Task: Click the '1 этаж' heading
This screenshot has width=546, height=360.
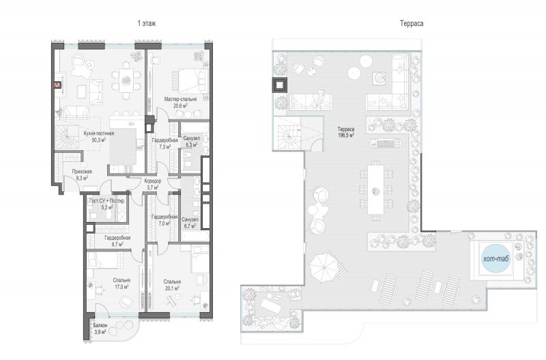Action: tap(147, 23)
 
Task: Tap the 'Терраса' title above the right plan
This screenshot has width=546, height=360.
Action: tap(412, 23)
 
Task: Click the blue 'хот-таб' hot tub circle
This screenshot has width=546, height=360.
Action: tap(496, 258)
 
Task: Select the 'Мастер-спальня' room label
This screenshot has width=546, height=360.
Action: tap(180, 99)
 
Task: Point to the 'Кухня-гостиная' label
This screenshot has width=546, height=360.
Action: tap(99, 133)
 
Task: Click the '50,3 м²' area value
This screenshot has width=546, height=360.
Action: tap(99, 140)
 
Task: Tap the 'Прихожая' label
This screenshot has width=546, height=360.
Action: tap(82, 171)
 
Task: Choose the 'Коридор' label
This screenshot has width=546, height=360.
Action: tap(153, 181)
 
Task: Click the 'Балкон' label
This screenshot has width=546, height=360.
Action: tap(100, 325)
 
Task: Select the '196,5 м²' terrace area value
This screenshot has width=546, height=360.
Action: tap(346, 135)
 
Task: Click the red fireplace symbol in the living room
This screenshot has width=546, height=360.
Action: tap(57, 85)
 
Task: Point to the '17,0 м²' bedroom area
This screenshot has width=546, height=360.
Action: tap(121, 287)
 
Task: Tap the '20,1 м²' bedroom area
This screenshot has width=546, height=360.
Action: tap(172, 288)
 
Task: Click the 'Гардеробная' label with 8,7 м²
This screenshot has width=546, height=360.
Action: tap(117, 238)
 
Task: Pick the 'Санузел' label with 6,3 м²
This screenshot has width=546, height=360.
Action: tap(191, 139)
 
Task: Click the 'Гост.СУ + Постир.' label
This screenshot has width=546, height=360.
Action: tap(107, 201)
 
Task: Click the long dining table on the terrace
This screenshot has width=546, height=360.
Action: tap(376, 190)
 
